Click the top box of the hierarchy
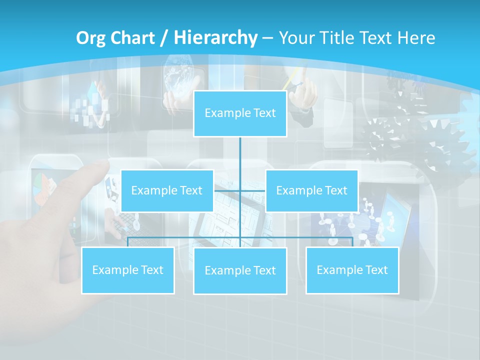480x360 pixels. point(240,113)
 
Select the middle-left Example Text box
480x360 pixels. point(167,190)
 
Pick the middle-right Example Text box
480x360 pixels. point(311,190)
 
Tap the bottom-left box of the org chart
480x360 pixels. point(128,270)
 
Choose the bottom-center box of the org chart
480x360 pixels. point(240,271)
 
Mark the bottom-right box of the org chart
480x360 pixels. point(352,270)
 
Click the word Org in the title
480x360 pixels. point(90,38)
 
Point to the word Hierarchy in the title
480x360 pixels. point(215,38)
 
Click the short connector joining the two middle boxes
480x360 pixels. point(240,190)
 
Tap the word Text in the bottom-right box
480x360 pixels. point(376,270)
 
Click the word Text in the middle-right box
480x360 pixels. point(336,190)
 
